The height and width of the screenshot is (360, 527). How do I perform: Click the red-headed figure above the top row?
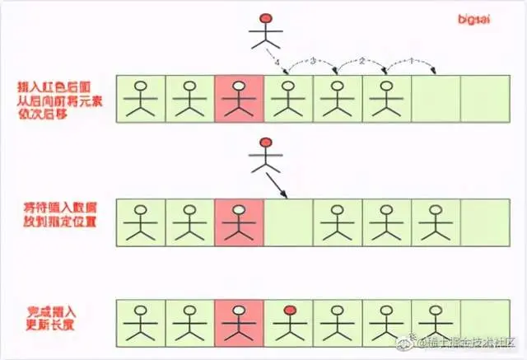point(265,30)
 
